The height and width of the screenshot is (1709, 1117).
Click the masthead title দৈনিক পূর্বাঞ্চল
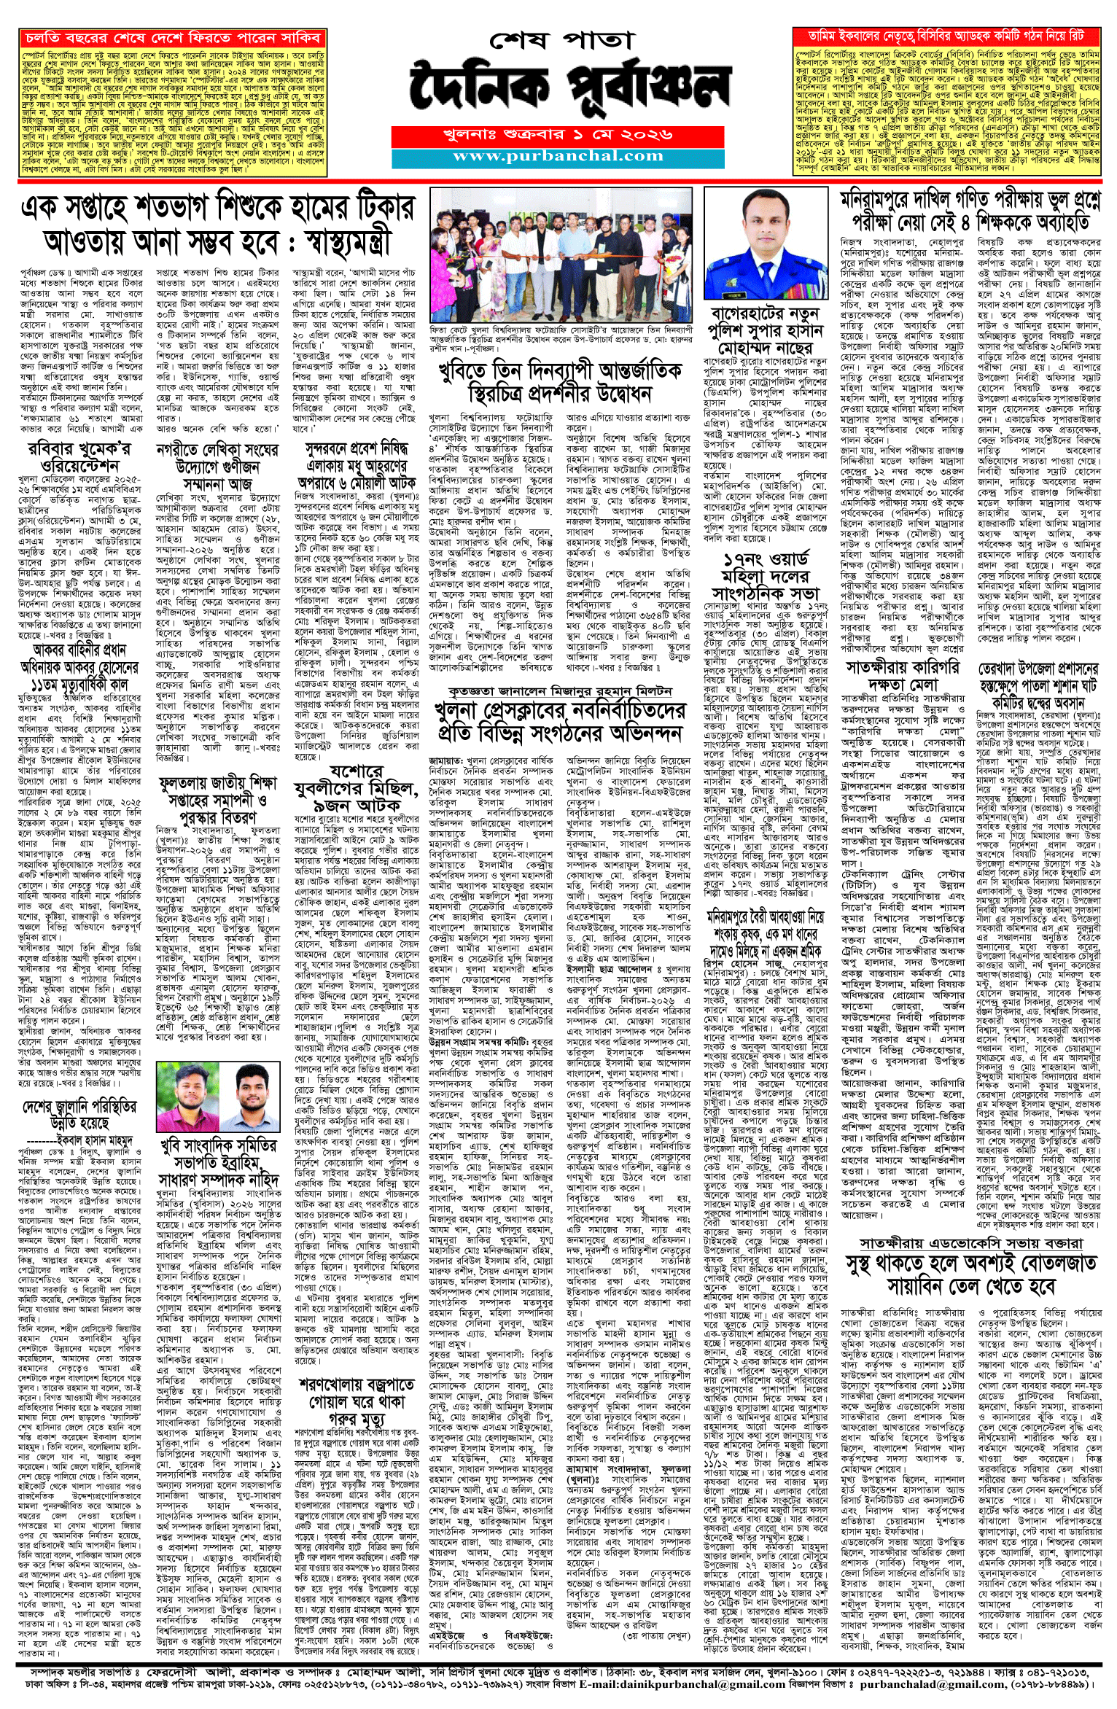pyautogui.click(x=569, y=88)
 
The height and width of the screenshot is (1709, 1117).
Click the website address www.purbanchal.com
pyautogui.click(x=558, y=156)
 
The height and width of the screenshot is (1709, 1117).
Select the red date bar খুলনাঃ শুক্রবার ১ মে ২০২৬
pyautogui.click(x=558, y=135)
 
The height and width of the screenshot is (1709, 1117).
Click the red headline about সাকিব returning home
pyautogui.click(x=171, y=37)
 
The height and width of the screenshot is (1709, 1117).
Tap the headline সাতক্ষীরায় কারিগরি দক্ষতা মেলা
pyautogui.click(x=903, y=676)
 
